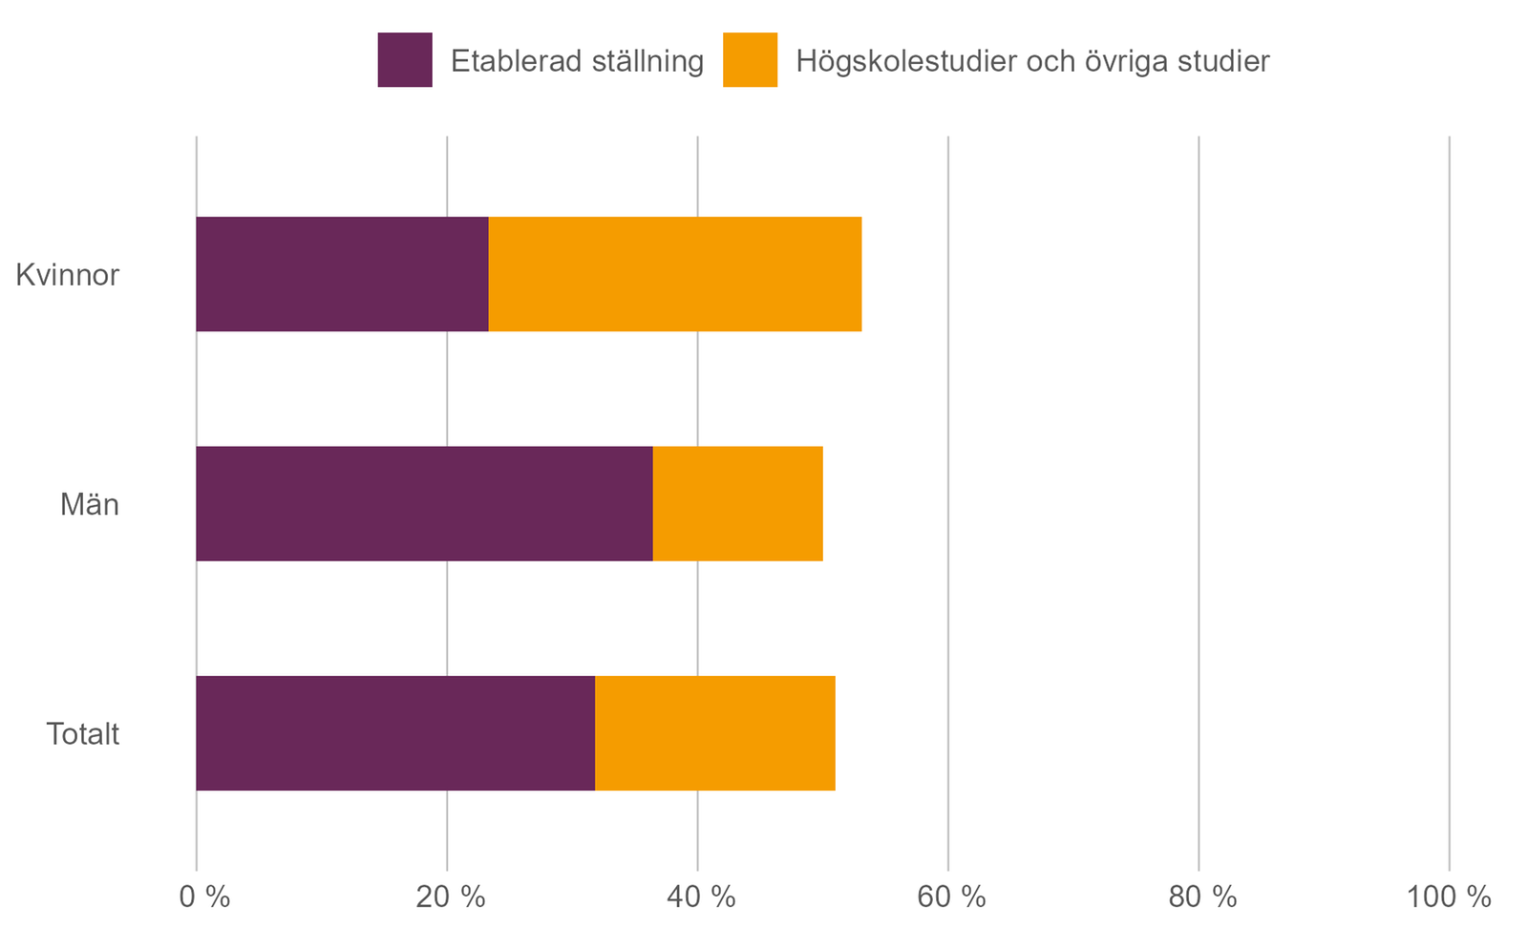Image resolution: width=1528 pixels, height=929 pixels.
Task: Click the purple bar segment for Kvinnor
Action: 342,274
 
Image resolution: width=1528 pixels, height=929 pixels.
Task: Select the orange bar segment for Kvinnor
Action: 675,274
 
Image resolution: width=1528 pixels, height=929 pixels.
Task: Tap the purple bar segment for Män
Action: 424,503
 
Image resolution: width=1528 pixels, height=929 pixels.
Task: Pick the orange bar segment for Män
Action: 737,503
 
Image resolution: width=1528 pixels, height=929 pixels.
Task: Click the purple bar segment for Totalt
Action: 395,733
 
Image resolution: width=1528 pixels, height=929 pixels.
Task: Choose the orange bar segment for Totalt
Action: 714,733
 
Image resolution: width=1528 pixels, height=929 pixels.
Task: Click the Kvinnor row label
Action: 68,275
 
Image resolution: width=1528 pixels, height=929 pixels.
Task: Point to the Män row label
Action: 90,504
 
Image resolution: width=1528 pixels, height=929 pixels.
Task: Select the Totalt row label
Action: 83,734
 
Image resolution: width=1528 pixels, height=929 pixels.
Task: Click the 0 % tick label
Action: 204,897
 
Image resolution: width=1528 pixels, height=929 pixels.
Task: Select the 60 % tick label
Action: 951,897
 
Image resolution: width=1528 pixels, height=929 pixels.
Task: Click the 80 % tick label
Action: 1202,897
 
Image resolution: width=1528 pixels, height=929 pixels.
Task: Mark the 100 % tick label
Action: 1449,897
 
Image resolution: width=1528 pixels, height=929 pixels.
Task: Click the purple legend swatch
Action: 405,60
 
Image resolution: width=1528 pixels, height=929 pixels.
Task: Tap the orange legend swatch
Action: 750,60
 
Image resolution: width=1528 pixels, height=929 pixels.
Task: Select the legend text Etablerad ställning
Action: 577,61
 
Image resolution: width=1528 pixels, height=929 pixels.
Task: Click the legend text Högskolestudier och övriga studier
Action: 1032,61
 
